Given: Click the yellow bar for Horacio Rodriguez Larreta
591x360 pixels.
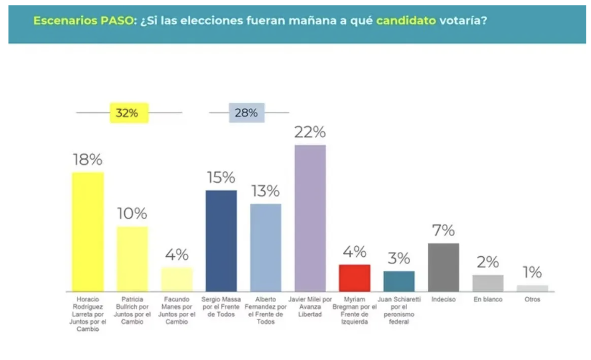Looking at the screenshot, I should [88, 231].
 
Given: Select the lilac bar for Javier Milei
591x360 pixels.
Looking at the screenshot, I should [310, 218].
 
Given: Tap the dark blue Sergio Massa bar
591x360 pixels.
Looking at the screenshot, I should [221, 241].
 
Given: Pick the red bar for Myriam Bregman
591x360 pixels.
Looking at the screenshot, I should [354, 278].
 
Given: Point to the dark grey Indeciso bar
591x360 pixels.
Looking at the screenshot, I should [443, 267].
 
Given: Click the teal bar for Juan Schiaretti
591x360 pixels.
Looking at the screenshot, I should [399, 281].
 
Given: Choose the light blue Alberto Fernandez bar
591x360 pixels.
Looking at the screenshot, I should [265, 247].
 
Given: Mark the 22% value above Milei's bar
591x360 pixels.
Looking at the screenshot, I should [310, 132].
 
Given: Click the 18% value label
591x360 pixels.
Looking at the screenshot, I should [88, 160].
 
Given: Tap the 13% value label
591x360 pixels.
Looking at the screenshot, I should [265, 191].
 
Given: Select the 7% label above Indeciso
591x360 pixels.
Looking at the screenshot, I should [443, 230].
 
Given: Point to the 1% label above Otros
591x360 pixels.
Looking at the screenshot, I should [532, 273].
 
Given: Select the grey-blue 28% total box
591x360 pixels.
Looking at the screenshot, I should [247, 113].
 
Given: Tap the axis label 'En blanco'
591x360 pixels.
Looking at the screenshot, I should [488, 299].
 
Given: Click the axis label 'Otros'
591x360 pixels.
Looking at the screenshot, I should [532, 299].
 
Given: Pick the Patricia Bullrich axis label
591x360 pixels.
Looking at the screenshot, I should [132, 310].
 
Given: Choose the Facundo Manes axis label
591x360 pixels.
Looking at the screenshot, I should [177, 310].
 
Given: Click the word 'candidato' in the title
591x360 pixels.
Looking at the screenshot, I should [406, 20].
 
